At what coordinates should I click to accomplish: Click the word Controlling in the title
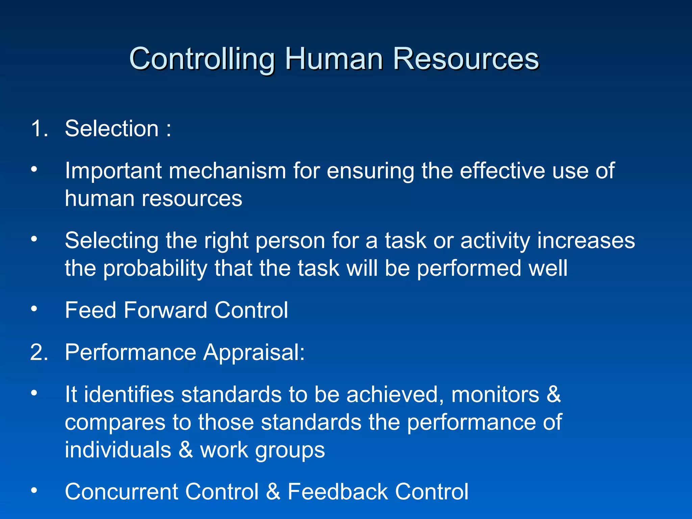point(202,59)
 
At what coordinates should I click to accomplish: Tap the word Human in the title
point(334,59)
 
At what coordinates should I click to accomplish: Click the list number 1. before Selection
point(40,129)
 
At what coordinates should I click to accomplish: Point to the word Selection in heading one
point(112,129)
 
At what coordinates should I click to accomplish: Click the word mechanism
point(227,171)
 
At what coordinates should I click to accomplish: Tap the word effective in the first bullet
point(502,171)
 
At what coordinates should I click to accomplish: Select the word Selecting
point(112,241)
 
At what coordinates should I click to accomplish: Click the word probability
point(155,268)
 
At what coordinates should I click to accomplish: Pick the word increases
point(586,241)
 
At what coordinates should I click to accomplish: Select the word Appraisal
point(254,352)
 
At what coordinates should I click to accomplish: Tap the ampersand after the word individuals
point(186,450)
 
